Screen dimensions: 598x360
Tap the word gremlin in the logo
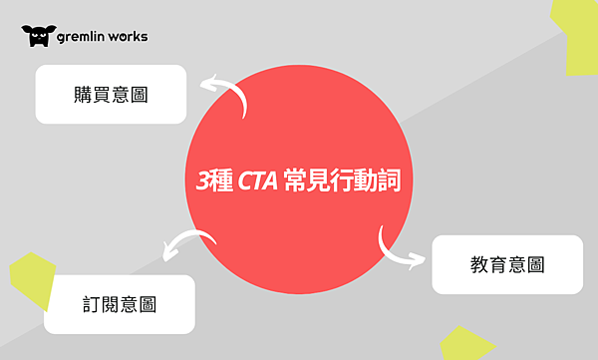point(83,37)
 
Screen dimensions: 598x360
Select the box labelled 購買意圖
point(111,94)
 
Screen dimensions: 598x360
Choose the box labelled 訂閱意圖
point(120,303)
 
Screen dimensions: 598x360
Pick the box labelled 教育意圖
point(506,264)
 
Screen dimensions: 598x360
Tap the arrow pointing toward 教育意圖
point(398,252)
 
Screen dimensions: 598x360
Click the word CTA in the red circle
point(258,182)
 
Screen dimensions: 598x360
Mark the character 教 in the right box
point(477,265)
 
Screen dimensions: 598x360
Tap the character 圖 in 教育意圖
point(536,265)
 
